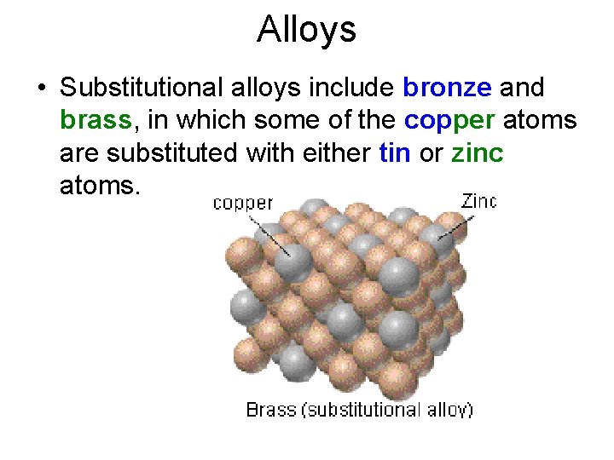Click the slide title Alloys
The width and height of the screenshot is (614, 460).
tap(306, 30)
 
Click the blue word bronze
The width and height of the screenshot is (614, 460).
tap(447, 88)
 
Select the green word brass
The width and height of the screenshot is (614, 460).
tap(96, 120)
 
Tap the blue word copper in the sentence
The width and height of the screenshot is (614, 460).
tap(450, 120)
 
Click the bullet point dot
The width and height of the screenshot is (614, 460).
tap(41, 89)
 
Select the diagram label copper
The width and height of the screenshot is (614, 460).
tap(242, 203)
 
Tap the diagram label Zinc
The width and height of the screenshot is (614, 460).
tap(478, 201)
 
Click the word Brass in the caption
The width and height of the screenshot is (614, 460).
tap(270, 410)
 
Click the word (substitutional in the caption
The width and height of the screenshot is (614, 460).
tap(363, 410)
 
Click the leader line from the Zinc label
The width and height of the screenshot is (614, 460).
tap(455, 226)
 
